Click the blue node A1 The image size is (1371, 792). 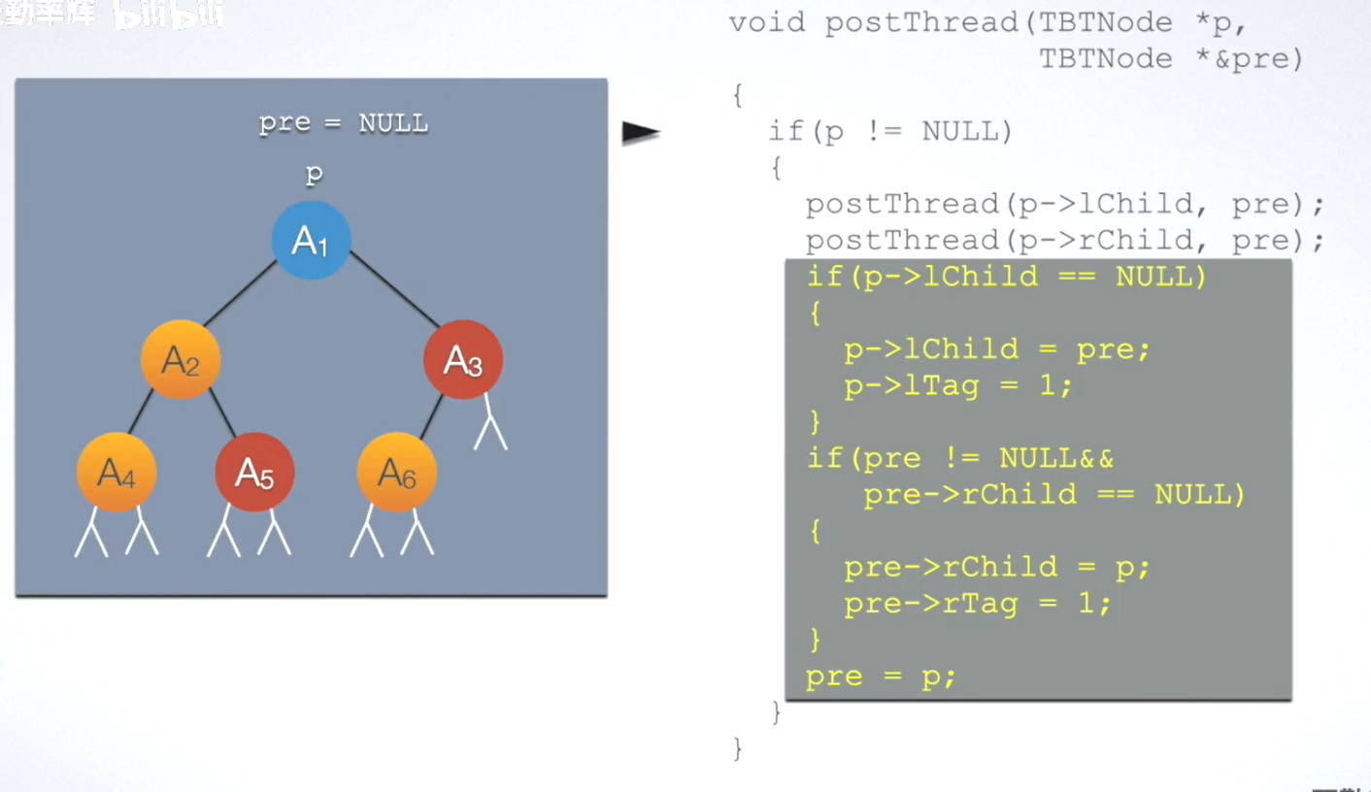[311, 241]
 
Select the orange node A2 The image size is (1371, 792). [181, 360]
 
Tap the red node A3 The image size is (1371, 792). [463, 360]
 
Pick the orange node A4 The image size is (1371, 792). [117, 473]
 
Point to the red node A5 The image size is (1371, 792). [254, 473]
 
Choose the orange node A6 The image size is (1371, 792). [396, 473]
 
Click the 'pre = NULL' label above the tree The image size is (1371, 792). [343, 123]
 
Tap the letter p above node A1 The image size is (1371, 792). [314, 175]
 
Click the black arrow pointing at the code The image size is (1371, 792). [641, 133]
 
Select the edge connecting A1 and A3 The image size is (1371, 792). [394, 288]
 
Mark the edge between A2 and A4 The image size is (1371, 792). [142, 412]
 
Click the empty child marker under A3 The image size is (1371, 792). [490, 432]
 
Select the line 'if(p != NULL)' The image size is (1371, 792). [890, 131]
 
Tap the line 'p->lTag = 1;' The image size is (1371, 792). [958, 386]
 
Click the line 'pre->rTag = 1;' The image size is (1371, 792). [977, 604]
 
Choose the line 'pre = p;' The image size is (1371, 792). [881, 676]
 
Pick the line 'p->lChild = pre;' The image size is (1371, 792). [996, 349]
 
